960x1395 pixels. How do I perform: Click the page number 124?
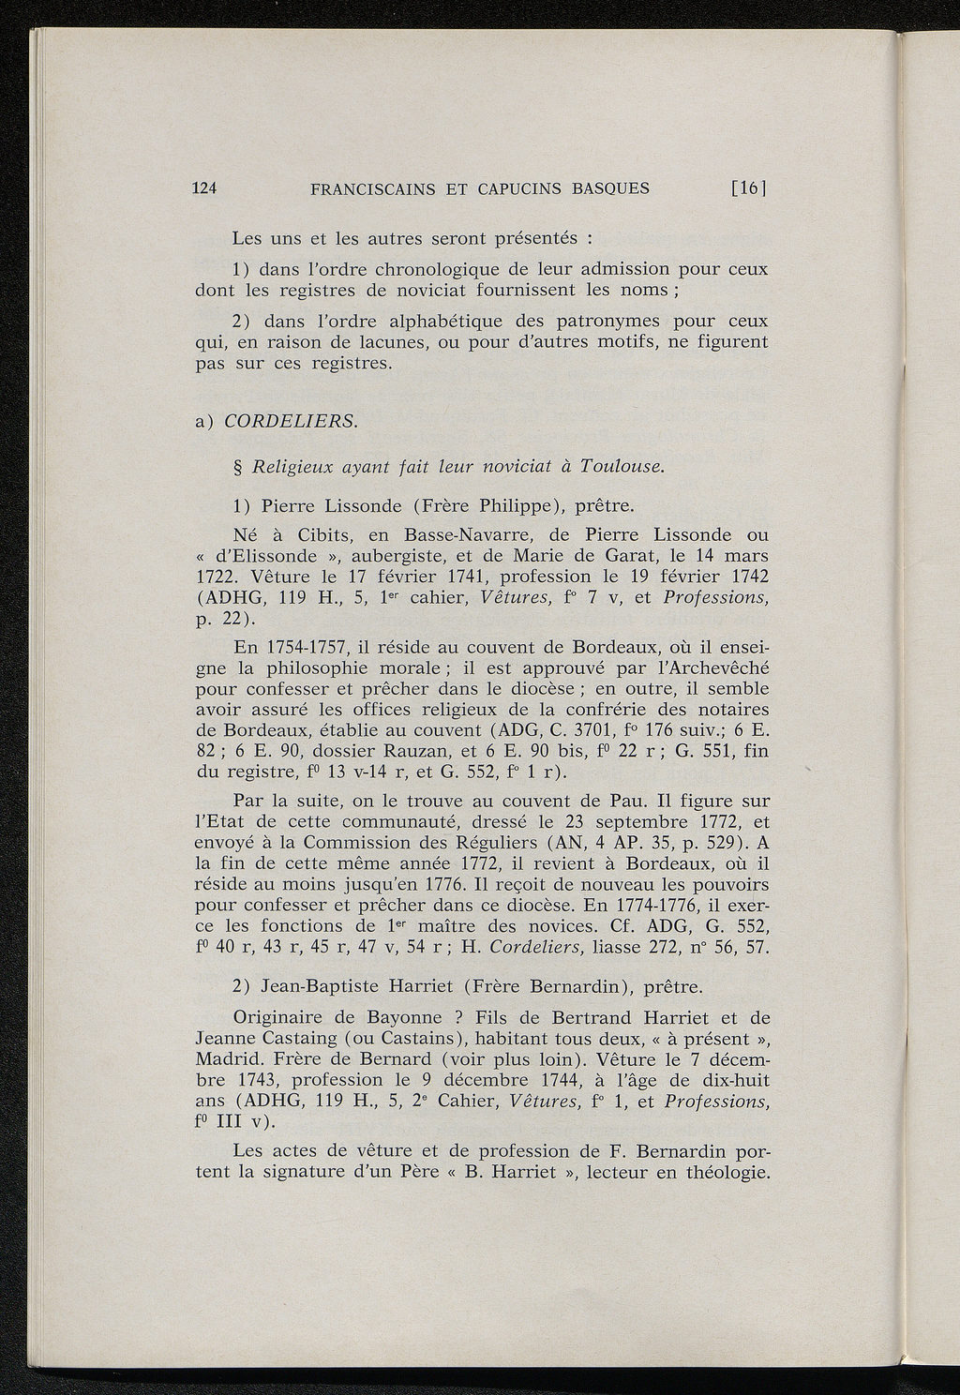[x=204, y=188]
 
